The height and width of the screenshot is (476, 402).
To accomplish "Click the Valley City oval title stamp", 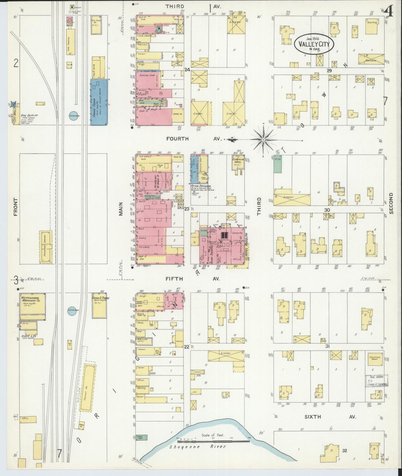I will coord(314,44).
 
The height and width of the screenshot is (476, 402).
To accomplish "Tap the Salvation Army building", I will coord(375,359).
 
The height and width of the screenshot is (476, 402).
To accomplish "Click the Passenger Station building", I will coord(46,247).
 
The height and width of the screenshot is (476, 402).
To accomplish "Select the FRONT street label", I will coord(15,207).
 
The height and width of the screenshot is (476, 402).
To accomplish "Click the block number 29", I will coord(329,71).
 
